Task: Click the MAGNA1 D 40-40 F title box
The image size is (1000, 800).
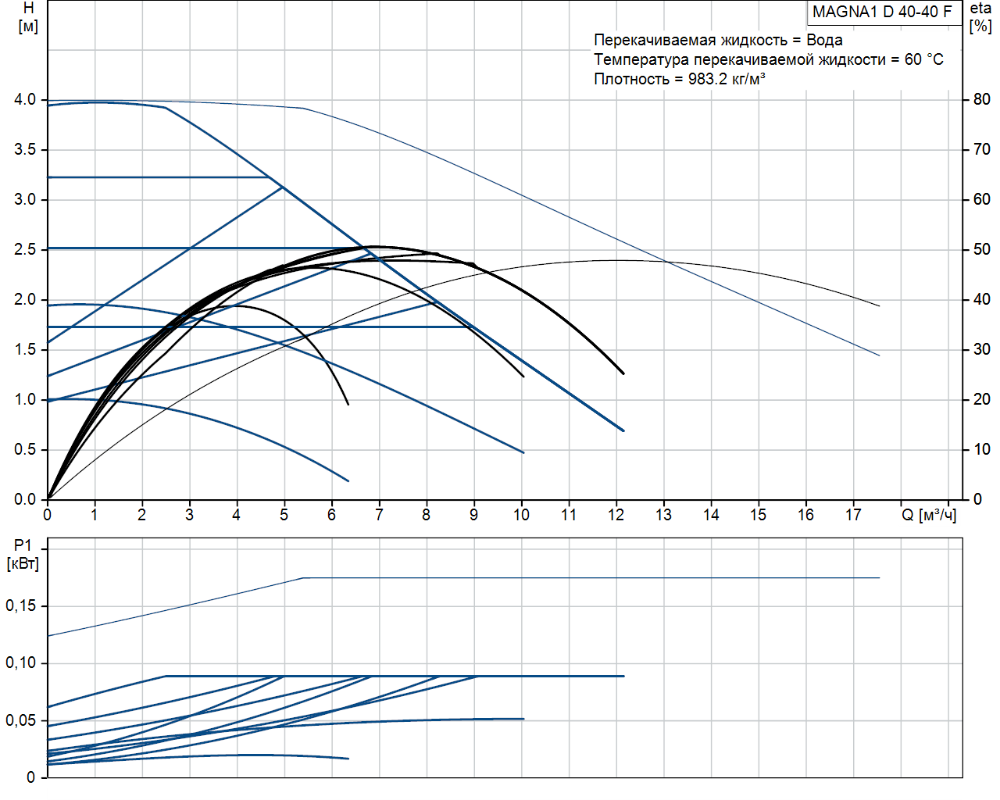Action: pyautogui.click(x=882, y=12)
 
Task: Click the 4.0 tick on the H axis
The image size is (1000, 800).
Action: pyautogui.click(x=25, y=99)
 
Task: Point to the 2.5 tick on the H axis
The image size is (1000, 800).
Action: pyautogui.click(x=25, y=249)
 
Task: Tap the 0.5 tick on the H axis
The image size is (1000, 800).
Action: pyautogui.click(x=25, y=449)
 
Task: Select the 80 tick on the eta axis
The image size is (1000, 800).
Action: pyautogui.click(x=981, y=99)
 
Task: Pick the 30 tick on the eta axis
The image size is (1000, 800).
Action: pyautogui.click(x=981, y=349)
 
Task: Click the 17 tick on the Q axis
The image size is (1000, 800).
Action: pyautogui.click(x=853, y=515)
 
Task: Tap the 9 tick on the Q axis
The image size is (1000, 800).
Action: pyautogui.click(x=473, y=515)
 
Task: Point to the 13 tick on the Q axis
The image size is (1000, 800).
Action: pyautogui.click(x=663, y=515)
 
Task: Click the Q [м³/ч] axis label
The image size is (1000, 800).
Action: pyautogui.click(x=929, y=515)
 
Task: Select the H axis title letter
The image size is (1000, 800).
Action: pyautogui.click(x=28, y=9)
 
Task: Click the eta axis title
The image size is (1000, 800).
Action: pyautogui.click(x=980, y=9)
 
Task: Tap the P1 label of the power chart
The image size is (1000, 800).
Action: pyautogui.click(x=23, y=545)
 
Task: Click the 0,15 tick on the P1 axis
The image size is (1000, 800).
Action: pyautogui.click(x=21, y=605)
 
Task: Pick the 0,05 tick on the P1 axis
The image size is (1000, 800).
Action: pyautogui.click(x=21, y=720)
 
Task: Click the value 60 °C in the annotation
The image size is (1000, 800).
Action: pyautogui.click(x=923, y=59)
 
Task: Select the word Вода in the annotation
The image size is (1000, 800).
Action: pyautogui.click(x=824, y=40)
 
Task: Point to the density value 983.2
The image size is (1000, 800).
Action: pyautogui.click(x=707, y=79)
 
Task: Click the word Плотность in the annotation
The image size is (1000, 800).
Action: pyautogui.click(x=631, y=79)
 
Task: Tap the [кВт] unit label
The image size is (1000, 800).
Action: pyautogui.click(x=23, y=563)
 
